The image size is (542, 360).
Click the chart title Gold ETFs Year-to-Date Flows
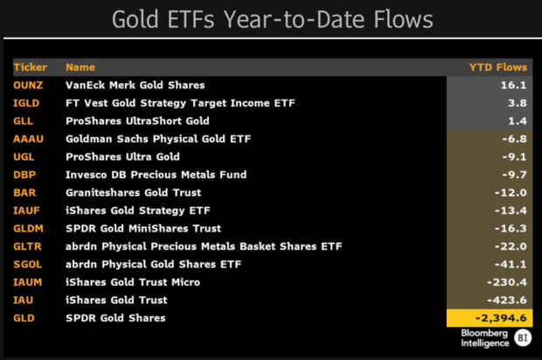tap(270, 20)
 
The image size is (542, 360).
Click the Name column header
tap(80, 67)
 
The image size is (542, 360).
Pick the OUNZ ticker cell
tap(29, 86)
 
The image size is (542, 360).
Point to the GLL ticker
tap(24, 121)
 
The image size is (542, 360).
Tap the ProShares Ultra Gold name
tap(122, 157)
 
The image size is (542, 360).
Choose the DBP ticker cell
tap(25, 175)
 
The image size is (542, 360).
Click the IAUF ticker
tap(27, 211)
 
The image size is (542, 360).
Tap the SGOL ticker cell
tap(28, 264)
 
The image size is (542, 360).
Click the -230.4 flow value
tap(505, 282)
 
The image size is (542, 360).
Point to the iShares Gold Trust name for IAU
tap(116, 300)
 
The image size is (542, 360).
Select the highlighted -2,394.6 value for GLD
tap(500, 318)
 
